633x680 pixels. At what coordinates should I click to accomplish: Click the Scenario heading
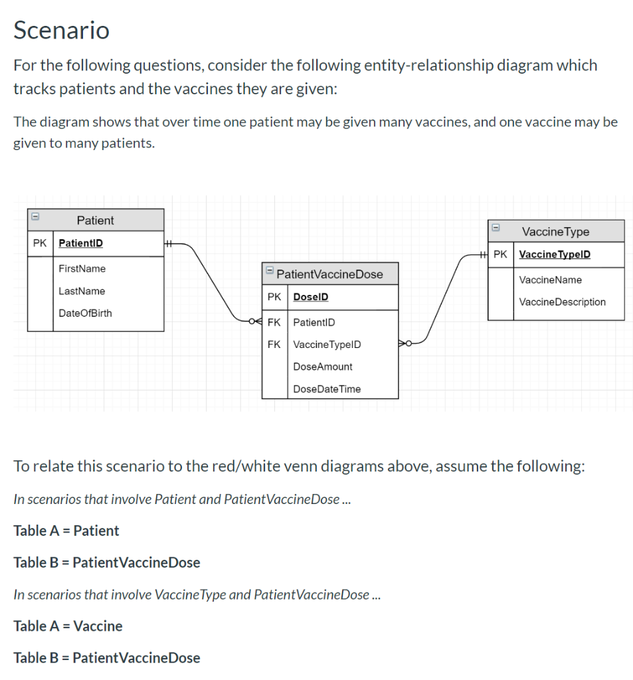coord(61,31)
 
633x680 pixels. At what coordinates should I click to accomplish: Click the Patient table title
coord(95,220)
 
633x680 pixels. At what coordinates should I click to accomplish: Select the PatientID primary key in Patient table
coord(80,243)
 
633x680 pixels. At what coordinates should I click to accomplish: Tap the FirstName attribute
coord(82,269)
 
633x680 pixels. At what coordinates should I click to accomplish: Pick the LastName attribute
coord(82,291)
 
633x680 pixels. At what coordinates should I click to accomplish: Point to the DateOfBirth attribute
coord(85,313)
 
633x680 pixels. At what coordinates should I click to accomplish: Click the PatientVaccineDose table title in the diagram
coord(329,274)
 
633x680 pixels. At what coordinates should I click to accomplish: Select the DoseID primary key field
coord(310,297)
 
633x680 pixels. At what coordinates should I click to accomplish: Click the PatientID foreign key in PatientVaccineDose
coord(314,323)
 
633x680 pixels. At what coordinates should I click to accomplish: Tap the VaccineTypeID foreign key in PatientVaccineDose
coord(327,345)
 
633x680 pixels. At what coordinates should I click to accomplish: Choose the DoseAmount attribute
coord(322,367)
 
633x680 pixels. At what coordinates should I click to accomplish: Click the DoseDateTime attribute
coord(327,389)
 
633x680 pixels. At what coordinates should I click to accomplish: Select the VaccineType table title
coord(555,232)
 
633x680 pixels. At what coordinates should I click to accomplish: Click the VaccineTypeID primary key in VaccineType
coord(554,254)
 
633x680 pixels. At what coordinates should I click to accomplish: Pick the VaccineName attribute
coord(550,280)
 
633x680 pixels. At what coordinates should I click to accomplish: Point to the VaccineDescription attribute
coord(562,302)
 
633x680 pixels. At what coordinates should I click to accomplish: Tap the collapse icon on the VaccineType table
coord(495,228)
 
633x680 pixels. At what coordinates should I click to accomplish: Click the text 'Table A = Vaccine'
coord(68,626)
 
